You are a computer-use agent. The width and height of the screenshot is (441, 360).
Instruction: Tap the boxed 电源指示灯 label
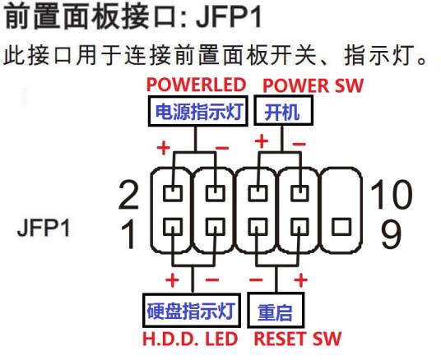[x=198, y=111]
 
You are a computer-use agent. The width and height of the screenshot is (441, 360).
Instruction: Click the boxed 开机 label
[x=276, y=111]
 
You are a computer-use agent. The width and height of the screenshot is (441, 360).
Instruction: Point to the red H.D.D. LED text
[x=190, y=338]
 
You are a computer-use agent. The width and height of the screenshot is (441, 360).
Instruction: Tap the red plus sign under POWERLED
[x=163, y=149]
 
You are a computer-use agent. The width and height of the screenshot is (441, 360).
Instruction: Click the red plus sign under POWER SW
[x=262, y=141]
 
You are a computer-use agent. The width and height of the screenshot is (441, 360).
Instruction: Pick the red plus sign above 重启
[x=301, y=279]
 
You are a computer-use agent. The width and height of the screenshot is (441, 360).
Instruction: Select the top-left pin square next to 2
[x=172, y=194]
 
